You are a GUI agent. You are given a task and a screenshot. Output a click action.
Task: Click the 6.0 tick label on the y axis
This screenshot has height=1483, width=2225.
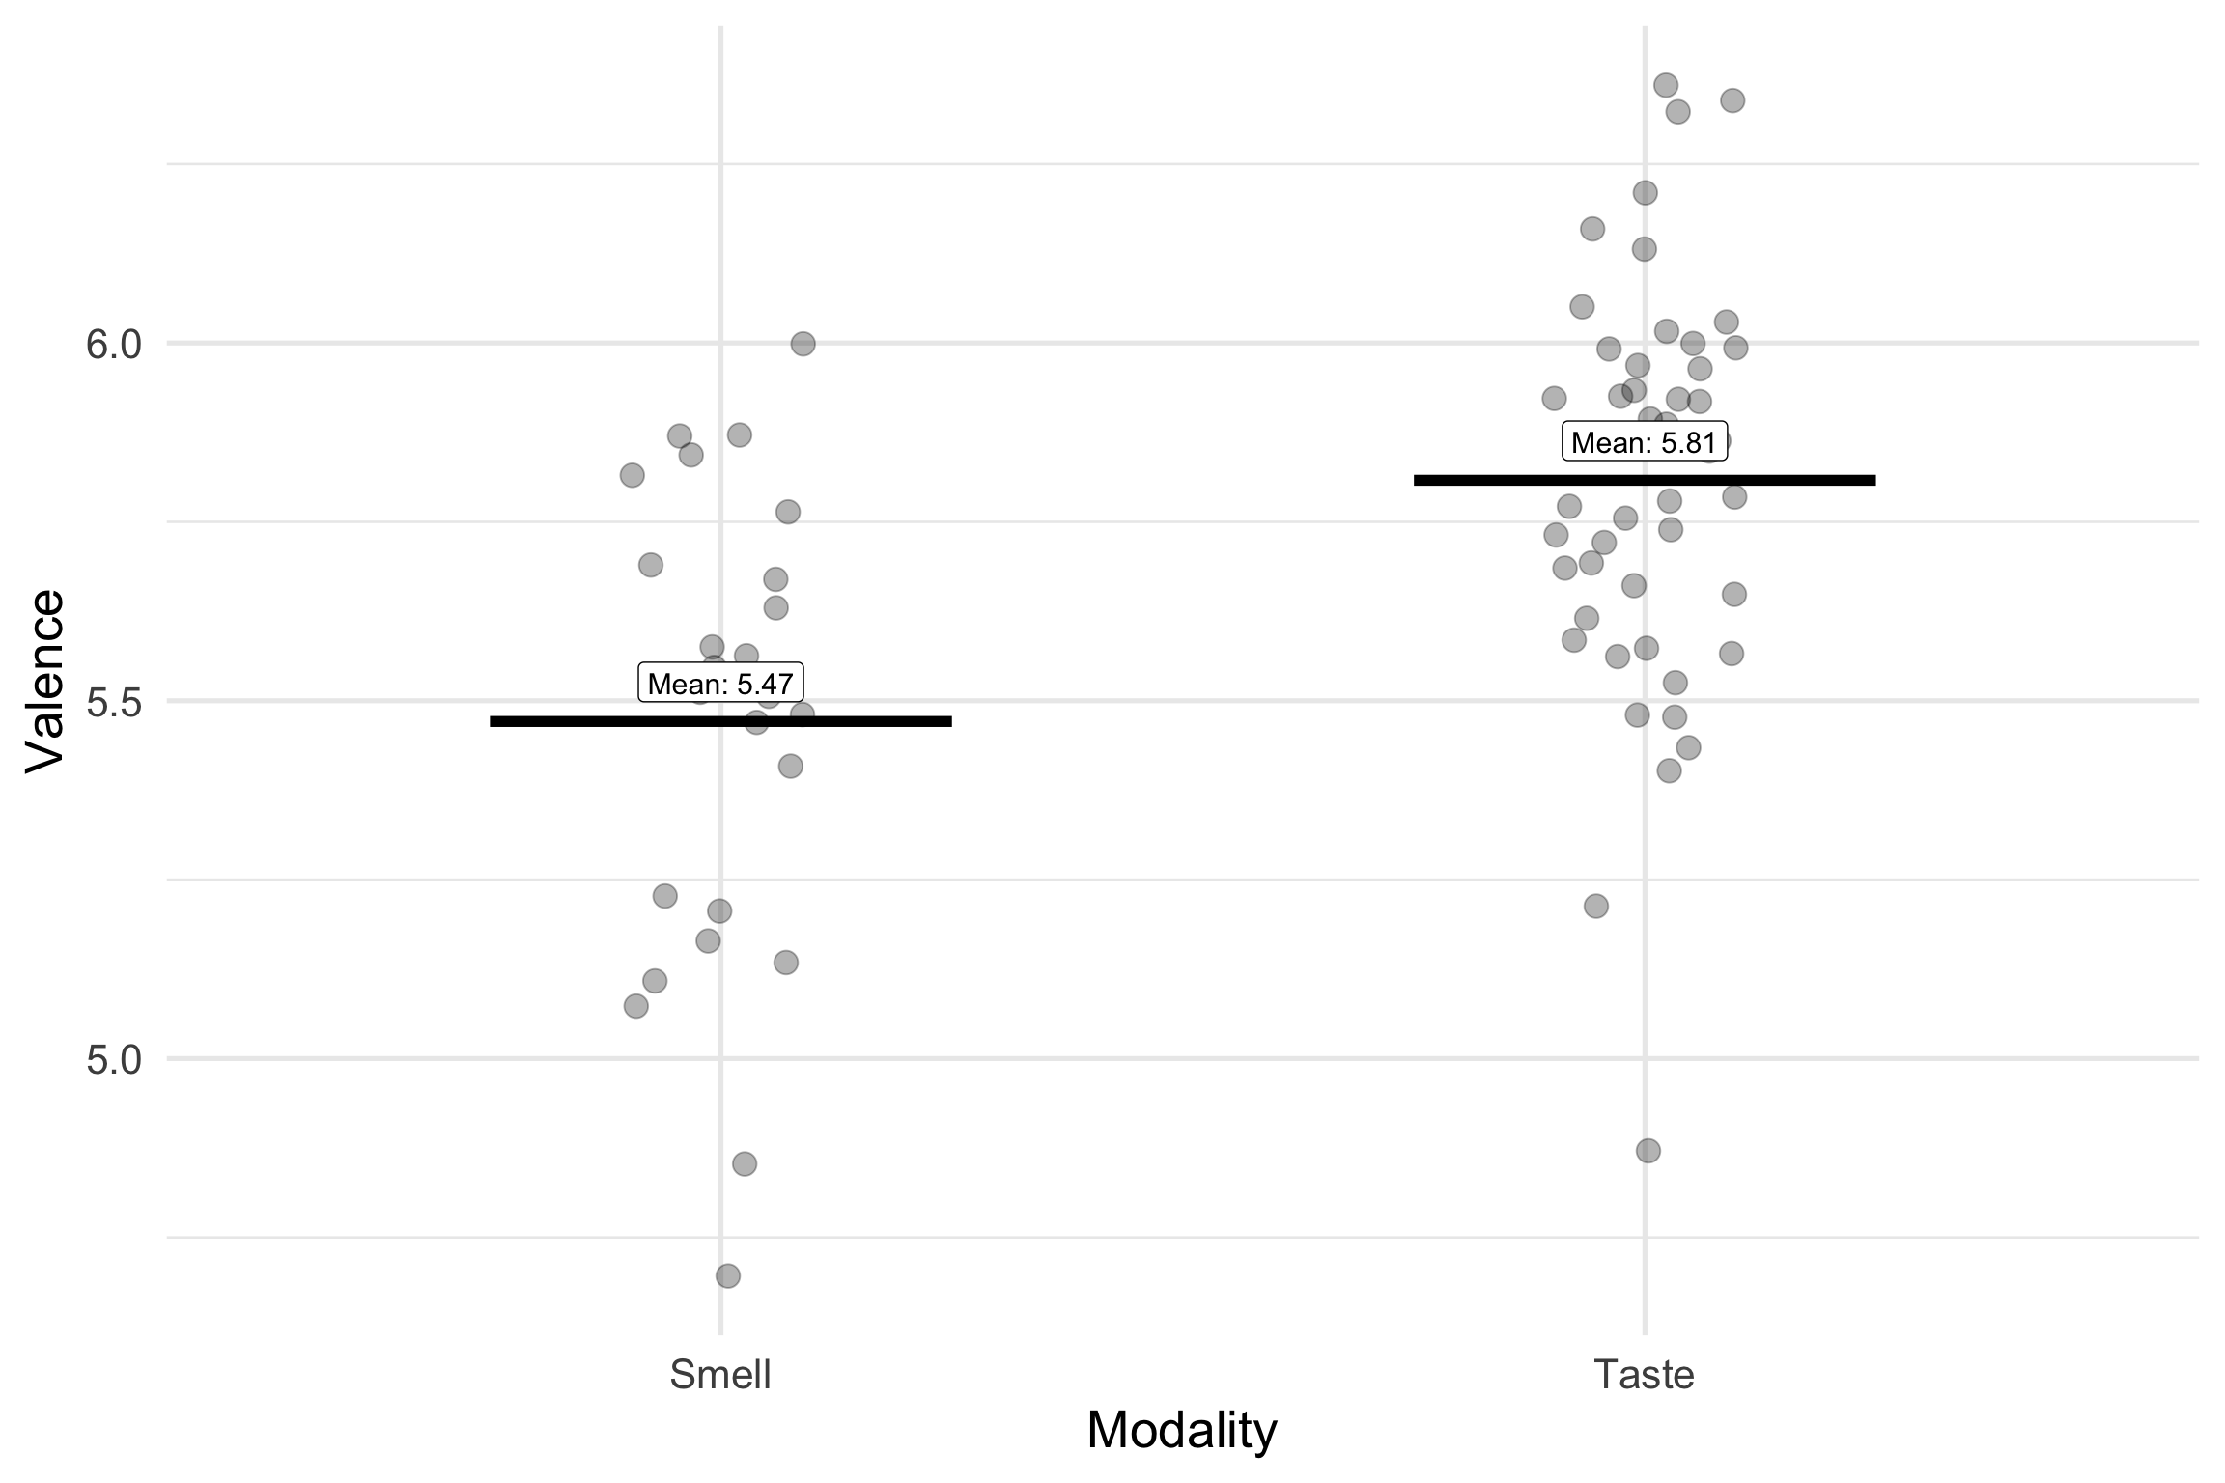coord(113,345)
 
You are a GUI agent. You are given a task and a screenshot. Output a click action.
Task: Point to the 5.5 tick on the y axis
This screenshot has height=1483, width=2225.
coord(113,703)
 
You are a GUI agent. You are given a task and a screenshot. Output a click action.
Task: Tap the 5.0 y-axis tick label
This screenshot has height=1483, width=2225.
coord(113,1061)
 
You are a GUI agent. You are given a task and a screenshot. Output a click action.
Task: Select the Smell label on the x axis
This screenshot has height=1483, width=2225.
coord(720,1375)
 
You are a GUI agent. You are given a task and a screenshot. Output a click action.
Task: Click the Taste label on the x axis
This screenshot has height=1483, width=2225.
coord(1644,1375)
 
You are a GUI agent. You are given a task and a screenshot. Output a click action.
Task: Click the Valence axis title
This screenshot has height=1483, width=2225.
coord(44,682)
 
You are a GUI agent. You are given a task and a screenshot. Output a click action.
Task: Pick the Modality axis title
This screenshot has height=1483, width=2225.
coord(1181,1431)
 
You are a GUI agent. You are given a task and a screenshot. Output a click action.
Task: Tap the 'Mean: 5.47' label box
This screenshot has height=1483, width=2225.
coord(720,684)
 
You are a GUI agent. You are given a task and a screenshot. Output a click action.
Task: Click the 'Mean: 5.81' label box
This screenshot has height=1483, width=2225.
coord(1644,443)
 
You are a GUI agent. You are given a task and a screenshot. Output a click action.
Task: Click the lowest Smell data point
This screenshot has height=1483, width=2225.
coord(728,1276)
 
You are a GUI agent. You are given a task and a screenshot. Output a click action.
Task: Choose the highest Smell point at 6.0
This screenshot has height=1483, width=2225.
coord(803,344)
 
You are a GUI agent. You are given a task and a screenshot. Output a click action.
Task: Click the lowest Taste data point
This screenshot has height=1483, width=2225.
coord(1648,1151)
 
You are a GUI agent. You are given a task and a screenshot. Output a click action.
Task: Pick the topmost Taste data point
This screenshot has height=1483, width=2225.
coord(1666,85)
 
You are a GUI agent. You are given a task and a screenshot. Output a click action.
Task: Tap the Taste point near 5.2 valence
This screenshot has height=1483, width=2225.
coord(1596,906)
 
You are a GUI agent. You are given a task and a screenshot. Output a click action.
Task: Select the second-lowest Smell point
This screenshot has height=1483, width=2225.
coord(745,1163)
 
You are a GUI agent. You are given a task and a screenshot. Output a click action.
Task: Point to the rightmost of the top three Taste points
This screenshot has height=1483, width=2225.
coord(1732,100)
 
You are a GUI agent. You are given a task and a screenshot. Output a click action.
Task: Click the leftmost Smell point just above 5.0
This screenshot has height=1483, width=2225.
coord(635,1006)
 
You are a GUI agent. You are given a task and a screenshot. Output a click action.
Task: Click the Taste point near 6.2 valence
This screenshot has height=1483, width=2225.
coord(1645,193)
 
